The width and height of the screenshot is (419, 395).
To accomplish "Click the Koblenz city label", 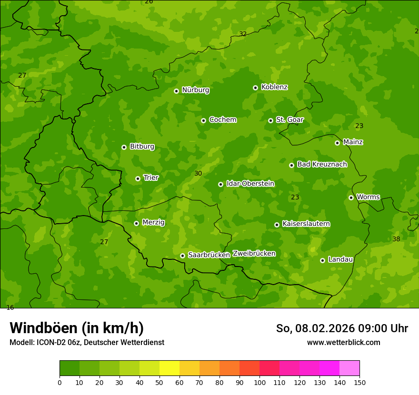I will coord(274,87).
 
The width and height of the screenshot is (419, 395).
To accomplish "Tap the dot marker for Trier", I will coord(138,178).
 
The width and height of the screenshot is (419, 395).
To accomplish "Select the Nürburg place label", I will coord(195,90).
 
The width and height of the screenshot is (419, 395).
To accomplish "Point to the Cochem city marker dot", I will coord(203,120).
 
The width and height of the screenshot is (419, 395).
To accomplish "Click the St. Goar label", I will coord(289,119).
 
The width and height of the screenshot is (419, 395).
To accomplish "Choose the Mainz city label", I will coord(353,142).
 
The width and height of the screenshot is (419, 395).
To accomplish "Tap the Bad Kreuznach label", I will coord(322,164).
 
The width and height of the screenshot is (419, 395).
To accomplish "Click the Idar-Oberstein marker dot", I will coord(220,184).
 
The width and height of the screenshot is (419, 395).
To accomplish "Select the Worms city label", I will coord(368,197).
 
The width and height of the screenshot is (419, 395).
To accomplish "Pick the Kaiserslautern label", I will coord(306,224).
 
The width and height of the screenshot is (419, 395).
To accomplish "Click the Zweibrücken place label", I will coord(254,253).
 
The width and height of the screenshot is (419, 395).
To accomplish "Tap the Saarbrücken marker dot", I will coord(182,256).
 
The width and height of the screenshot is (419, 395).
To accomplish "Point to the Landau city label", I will coord(340,259).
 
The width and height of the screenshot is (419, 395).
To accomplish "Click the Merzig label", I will coord(153,222).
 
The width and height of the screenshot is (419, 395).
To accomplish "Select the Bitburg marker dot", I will coord(124,147).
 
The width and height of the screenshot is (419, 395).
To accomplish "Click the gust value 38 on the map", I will coord(396,239).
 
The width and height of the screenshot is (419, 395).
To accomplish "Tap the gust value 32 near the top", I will coord(243,34).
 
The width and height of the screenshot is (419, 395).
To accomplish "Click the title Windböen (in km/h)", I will coord(77,328).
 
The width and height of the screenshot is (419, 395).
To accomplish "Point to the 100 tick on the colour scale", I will coord(259,382).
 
